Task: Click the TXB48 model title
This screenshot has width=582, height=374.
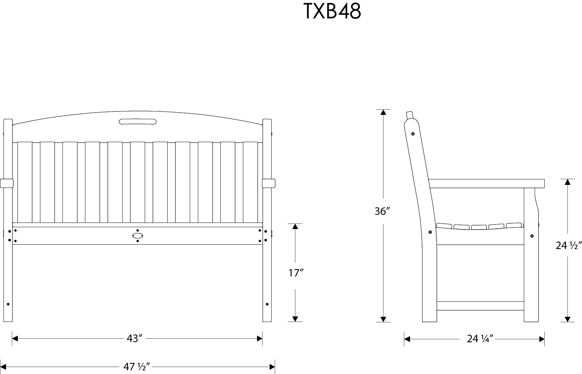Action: tap(332, 11)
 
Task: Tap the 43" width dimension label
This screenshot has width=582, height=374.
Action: tap(135, 338)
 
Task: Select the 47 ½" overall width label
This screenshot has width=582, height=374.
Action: tap(137, 367)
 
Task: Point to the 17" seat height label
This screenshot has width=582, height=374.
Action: tap(296, 273)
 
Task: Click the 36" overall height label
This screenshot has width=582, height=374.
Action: tap(382, 211)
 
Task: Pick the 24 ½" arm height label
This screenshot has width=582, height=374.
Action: tap(568, 245)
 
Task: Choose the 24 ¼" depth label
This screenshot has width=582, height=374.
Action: tap(480, 339)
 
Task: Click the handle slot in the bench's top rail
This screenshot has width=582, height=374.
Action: tap(138, 122)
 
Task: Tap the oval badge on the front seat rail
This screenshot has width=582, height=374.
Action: tap(138, 236)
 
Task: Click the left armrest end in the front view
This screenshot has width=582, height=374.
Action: tap(7, 183)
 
